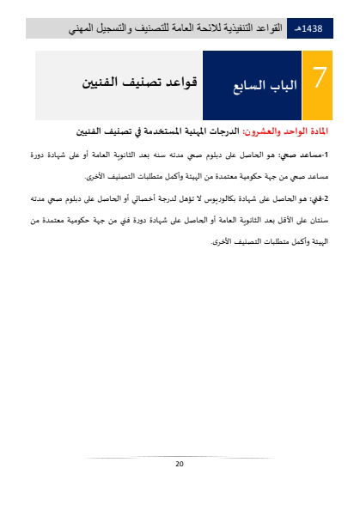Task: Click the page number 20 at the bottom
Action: (x=180, y=464)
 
